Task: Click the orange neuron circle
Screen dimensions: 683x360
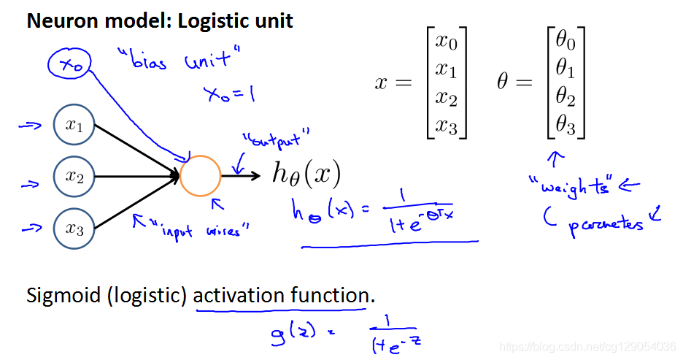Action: pyautogui.click(x=200, y=176)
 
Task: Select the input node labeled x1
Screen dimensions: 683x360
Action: pyautogui.click(x=74, y=126)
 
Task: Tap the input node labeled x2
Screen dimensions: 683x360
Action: pyautogui.click(x=74, y=176)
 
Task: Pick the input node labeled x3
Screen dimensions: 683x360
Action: pyautogui.click(x=74, y=229)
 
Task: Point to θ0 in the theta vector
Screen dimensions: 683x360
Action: pyautogui.click(x=566, y=45)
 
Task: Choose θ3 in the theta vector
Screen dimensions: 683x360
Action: pyautogui.click(x=566, y=128)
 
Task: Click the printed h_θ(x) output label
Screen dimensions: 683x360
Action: pyautogui.click(x=306, y=174)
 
